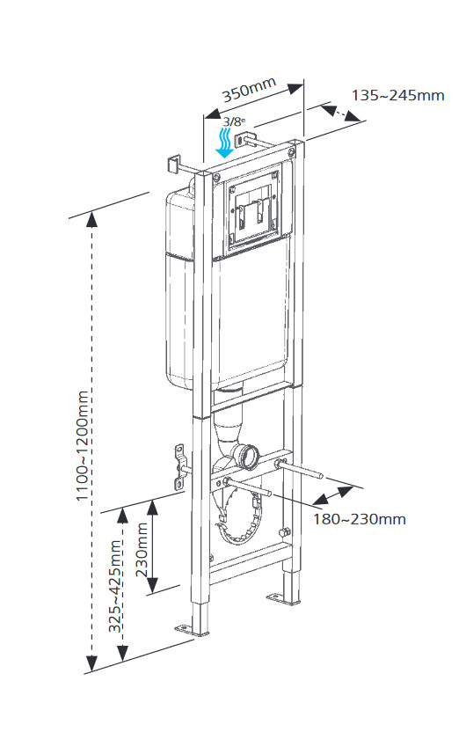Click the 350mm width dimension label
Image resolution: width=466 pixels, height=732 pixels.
[249, 90]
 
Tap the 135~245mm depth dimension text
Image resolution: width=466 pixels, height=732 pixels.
[398, 96]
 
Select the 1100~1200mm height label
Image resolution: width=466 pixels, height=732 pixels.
[82, 445]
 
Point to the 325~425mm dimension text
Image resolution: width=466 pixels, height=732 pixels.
[116, 585]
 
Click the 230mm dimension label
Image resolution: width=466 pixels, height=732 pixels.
[142, 550]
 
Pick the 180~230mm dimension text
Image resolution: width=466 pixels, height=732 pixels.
[360, 519]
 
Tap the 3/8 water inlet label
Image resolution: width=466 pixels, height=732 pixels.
[233, 121]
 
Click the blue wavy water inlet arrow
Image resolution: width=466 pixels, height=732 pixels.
[225, 143]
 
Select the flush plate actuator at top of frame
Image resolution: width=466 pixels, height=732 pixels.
[252, 213]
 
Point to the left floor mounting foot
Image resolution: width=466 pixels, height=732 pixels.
[193, 631]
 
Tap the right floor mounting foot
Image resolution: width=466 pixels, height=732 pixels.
[284, 599]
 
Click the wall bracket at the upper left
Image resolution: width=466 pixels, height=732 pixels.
[173, 165]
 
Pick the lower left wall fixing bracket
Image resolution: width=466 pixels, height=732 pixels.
[180, 467]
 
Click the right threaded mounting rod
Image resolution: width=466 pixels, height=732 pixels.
[299, 469]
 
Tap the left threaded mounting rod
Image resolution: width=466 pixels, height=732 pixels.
[248, 487]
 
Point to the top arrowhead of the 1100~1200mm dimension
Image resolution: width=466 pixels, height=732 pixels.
[92, 219]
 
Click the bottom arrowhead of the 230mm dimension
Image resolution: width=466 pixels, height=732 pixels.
[152, 585]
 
